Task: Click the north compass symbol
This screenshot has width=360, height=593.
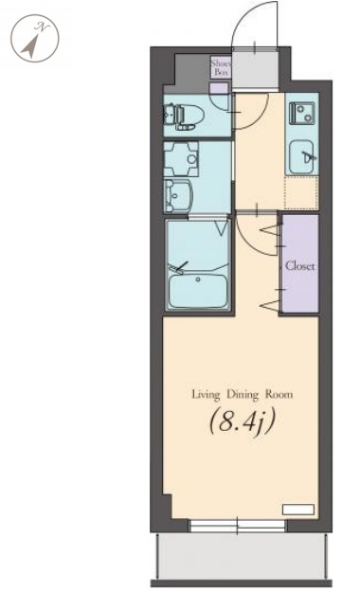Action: pyautogui.click(x=35, y=38)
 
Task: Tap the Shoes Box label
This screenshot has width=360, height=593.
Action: pyautogui.click(x=221, y=67)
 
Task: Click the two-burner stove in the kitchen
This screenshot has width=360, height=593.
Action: pyautogui.click(x=302, y=113)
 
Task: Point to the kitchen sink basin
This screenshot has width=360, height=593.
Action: pyautogui.click(x=302, y=156)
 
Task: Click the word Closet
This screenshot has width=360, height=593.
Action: pyautogui.click(x=300, y=266)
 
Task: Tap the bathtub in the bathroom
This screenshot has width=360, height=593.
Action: pyautogui.click(x=198, y=290)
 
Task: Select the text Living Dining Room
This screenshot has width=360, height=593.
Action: pyautogui.click(x=243, y=394)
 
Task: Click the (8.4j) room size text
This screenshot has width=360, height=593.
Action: pyautogui.click(x=242, y=421)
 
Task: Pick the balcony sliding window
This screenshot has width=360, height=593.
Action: pyautogui.click(x=237, y=526)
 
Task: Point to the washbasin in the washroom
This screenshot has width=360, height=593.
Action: pyautogui.click(x=178, y=196)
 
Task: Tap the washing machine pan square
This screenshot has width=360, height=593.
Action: pyautogui.click(x=182, y=159)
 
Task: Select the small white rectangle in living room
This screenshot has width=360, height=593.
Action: pyautogui.click(x=298, y=509)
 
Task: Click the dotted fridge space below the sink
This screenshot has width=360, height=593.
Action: pyautogui.click(x=301, y=192)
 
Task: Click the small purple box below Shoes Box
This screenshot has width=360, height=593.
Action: pyautogui.click(x=219, y=88)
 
